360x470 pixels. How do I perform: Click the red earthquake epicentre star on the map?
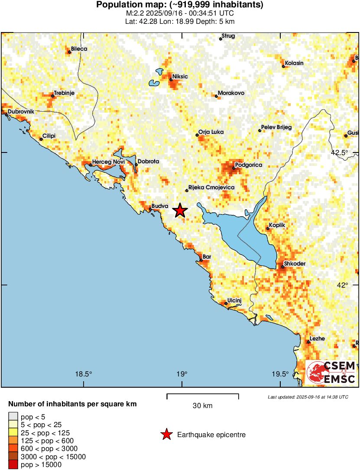pos(180,211)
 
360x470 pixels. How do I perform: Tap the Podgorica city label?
pos(248,165)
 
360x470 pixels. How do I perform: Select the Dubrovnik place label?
pos(21,112)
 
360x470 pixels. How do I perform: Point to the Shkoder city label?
pos(295,264)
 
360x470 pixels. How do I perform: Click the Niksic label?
pos(180,77)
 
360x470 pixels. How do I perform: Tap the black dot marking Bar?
pos(201,260)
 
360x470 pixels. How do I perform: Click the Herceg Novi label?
pos(108,162)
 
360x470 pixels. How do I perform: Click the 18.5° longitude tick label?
pos(84,374)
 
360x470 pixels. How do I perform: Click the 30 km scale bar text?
pos(202,406)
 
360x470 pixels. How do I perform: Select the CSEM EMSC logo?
pos(331,372)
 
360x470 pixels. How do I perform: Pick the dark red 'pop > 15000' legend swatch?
pos(13,465)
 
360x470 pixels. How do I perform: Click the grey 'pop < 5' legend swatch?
pos(13,417)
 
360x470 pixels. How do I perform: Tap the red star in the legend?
pos(166,434)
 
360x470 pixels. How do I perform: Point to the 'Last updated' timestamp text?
pos(308,397)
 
